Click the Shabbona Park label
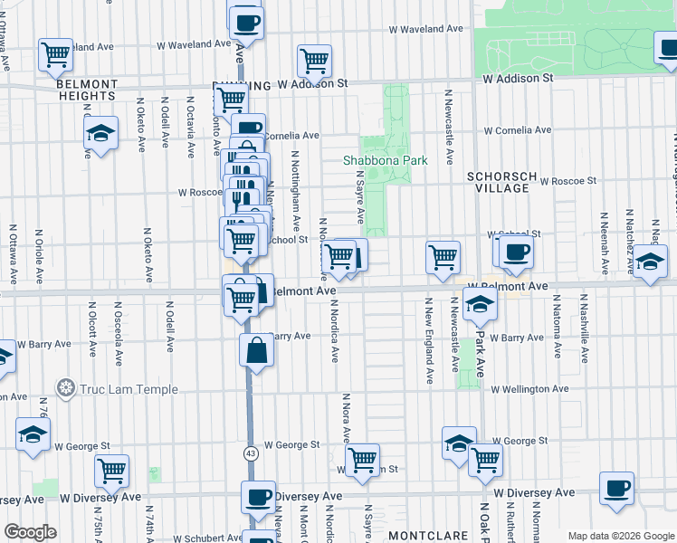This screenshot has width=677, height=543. (x=385, y=160)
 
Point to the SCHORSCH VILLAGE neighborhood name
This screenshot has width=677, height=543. (x=497, y=182)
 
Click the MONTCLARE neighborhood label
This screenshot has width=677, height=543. (x=427, y=536)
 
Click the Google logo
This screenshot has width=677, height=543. (x=30, y=531)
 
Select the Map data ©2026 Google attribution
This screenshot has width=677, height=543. (x=620, y=536)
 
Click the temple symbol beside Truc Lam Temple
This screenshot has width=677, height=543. (x=65, y=390)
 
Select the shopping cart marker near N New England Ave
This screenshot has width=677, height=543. (x=443, y=256)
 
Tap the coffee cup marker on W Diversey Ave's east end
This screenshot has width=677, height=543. (x=617, y=489)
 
